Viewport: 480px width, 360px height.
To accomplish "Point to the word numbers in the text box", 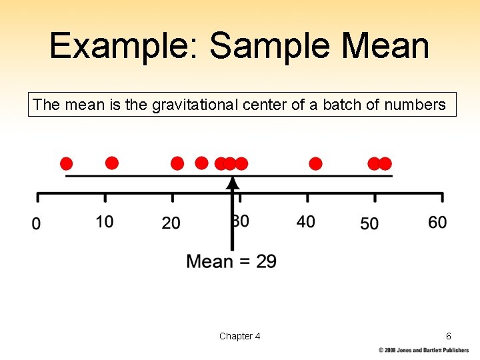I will click(415, 105).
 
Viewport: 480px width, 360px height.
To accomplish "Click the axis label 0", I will click(37, 223).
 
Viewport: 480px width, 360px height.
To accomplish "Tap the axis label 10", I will click(105, 222).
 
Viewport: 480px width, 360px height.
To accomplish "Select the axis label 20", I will click(171, 223).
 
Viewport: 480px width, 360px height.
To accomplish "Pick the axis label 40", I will click(306, 222).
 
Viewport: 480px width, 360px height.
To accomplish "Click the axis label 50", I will click(369, 223).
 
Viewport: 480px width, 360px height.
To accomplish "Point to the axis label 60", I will click(437, 222).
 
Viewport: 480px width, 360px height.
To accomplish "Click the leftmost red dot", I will click(66, 164).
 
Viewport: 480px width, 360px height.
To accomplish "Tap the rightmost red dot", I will click(385, 163).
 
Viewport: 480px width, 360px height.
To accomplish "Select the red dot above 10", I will click(112, 163).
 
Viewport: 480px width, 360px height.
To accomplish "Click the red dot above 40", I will click(315, 163).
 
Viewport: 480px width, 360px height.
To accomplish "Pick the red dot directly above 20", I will click(177, 163).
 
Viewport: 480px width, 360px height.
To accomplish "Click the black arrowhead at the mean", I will click(232, 182).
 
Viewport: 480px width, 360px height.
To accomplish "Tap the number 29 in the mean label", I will click(266, 261).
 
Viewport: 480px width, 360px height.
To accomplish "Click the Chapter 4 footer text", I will click(239, 336).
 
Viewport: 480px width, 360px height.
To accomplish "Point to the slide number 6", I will click(449, 336).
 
